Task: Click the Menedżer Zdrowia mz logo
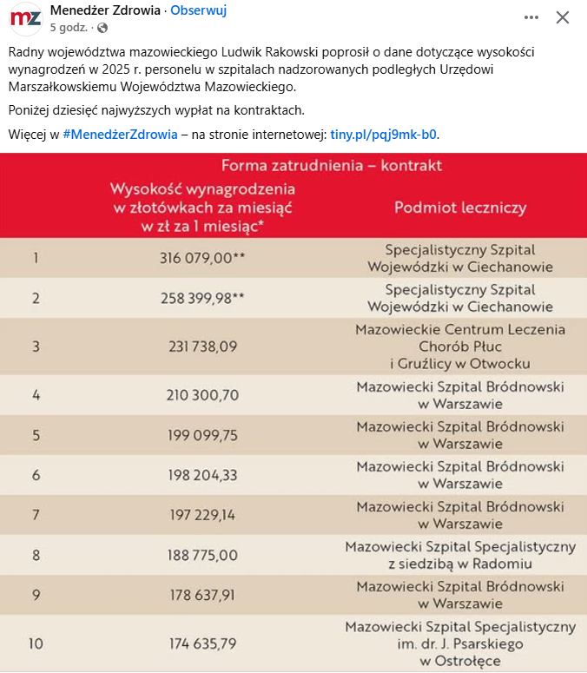pos(25,18)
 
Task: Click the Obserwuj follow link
pos(198,10)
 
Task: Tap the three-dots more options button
pos(531,17)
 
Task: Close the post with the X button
pos(563,17)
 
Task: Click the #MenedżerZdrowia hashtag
pos(120,135)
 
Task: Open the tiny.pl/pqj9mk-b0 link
pos(384,135)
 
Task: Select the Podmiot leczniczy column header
pos(460,208)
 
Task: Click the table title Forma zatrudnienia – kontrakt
pos(332,165)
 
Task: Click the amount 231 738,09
pos(202,346)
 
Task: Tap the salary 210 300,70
pos(202,395)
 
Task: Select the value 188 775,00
pos(202,555)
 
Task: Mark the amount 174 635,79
pos(202,643)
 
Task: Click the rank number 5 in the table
pos(36,435)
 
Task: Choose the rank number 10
pos(36,643)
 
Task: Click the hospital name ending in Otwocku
pos(460,346)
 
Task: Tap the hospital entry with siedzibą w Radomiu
pos(460,555)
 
